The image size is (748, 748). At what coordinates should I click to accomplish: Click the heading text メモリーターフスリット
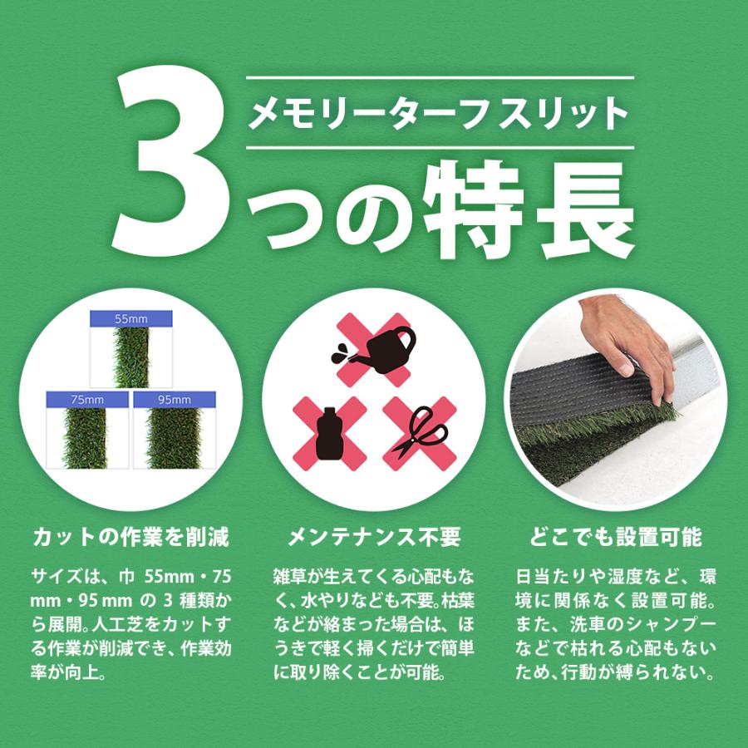click(440, 113)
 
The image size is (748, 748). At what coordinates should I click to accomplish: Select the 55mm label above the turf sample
click(130, 317)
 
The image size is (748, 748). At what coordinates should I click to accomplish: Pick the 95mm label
click(173, 400)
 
